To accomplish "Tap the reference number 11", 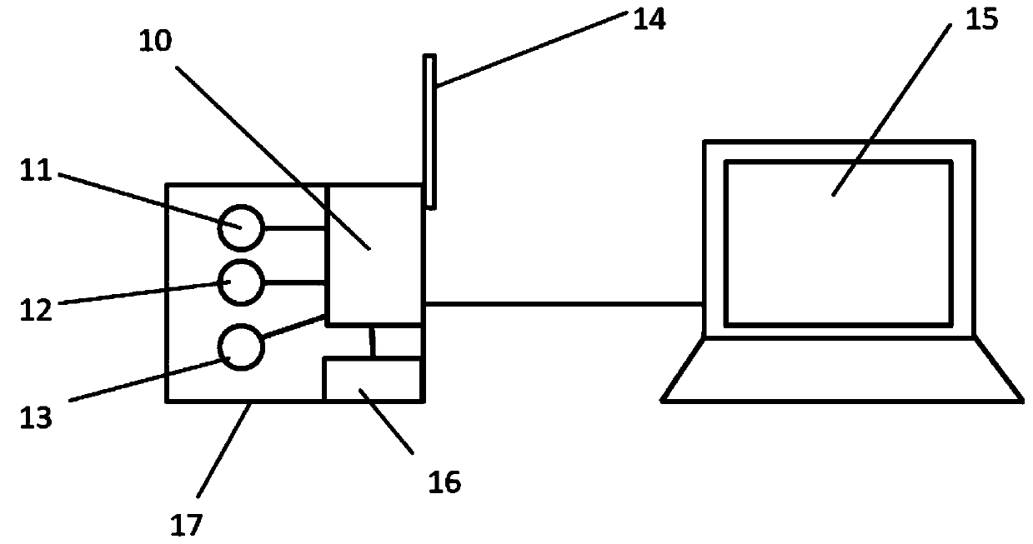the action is [38, 172].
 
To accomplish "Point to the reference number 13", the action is [38, 416].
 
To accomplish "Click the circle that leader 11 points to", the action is [241, 227].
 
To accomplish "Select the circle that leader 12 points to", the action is [241, 282].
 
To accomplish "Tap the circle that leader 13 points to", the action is [241, 347].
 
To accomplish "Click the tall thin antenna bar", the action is [429, 131].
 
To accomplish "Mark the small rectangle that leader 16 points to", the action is [372, 380].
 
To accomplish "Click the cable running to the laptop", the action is [564, 304].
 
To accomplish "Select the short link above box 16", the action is [372, 342].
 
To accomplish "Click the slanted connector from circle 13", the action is [293, 327].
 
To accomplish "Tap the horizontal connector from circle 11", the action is [294, 227].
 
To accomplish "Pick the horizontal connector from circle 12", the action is [294, 282].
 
